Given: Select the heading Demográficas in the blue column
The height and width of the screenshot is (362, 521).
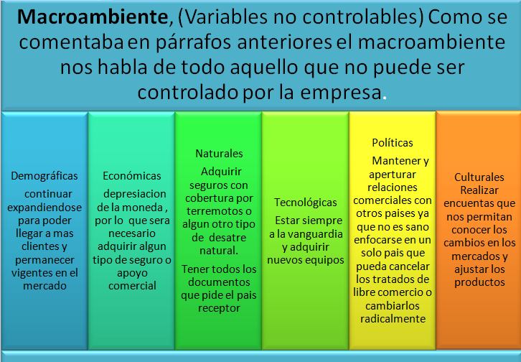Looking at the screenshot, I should tap(44, 175).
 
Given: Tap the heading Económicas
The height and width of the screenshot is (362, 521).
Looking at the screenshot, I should tap(132, 175).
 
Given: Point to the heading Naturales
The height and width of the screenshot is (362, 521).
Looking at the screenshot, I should tap(219, 153).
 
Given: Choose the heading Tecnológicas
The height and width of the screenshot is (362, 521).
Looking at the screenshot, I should tap(306, 203).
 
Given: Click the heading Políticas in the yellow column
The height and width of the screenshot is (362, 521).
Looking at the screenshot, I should tap(393, 142).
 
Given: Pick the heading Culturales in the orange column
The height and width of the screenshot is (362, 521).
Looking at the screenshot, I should tap(479, 177).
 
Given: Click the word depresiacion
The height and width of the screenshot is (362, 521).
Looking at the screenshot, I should tap(134, 194).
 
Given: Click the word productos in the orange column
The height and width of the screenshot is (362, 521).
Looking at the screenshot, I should tap(479, 282).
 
